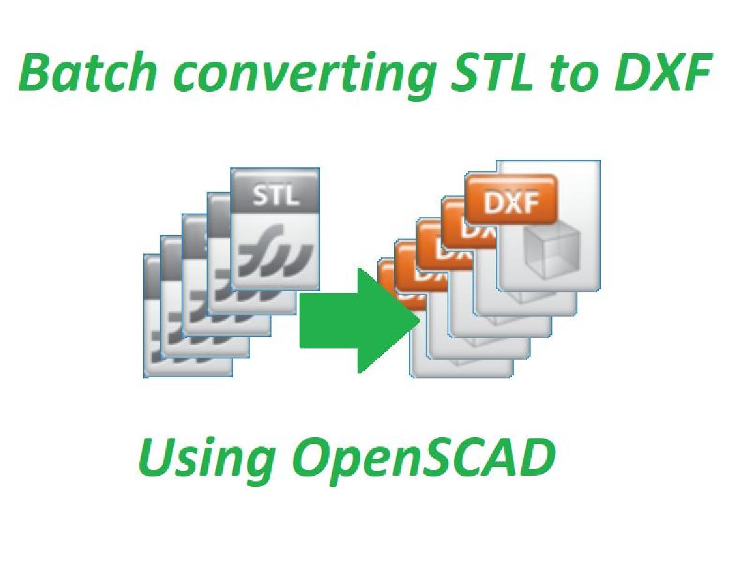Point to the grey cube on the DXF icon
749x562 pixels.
[551, 250]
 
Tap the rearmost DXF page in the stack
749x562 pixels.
[462, 368]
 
